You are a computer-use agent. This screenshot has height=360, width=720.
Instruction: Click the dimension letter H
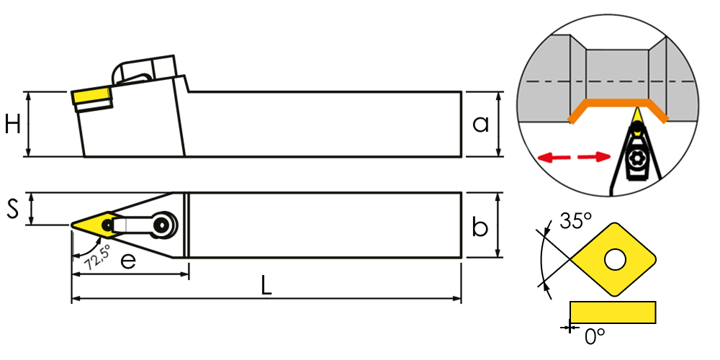click(12, 125)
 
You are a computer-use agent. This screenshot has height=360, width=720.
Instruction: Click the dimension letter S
click(12, 210)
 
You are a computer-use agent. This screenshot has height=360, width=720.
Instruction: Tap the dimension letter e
click(129, 263)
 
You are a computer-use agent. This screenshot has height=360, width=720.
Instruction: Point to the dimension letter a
click(480, 124)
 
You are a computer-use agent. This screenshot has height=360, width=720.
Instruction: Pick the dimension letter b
click(480, 228)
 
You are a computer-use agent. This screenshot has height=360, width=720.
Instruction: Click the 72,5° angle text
click(97, 256)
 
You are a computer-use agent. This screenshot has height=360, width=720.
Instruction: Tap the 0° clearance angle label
click(595, 336)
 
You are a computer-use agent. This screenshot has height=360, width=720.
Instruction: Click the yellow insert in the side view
click(91, 97)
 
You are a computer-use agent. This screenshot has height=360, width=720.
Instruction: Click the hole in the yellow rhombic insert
click(614, 259)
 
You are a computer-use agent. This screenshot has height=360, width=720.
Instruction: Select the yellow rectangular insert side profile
click(613, 312)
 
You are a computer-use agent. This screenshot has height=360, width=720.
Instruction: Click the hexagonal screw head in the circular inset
click(636, 158)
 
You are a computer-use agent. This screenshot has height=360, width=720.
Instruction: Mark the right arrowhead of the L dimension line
click(457, 298)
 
